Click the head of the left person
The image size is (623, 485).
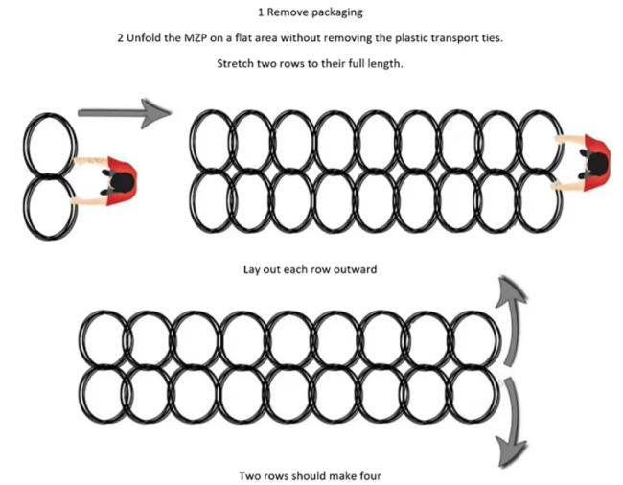tap(119, 178)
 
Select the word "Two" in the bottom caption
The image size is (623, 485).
tap(248, 474)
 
